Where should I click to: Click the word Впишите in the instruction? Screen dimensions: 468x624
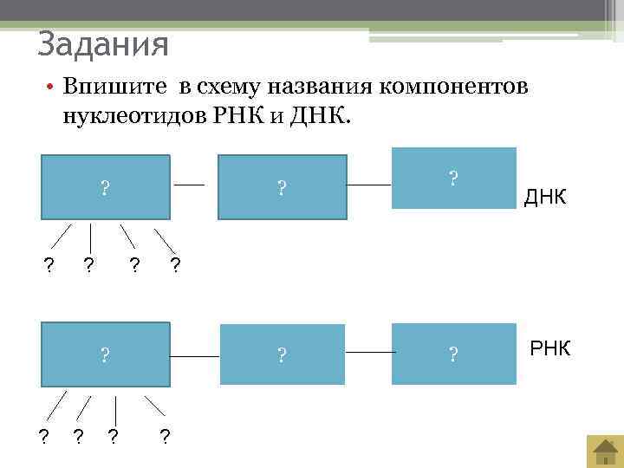(116, 88)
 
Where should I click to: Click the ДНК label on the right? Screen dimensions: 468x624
(545, 198)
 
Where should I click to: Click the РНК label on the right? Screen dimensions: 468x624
(549, 349)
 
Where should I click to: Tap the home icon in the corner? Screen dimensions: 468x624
(603, 451)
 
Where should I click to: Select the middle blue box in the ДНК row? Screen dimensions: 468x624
(282, 186)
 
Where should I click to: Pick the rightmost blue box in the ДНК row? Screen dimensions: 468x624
(453, 179)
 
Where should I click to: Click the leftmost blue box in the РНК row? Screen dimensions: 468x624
(106, 354)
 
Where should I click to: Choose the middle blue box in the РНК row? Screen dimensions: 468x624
(282, 354)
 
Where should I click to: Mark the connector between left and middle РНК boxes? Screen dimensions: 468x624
(195, 356)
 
